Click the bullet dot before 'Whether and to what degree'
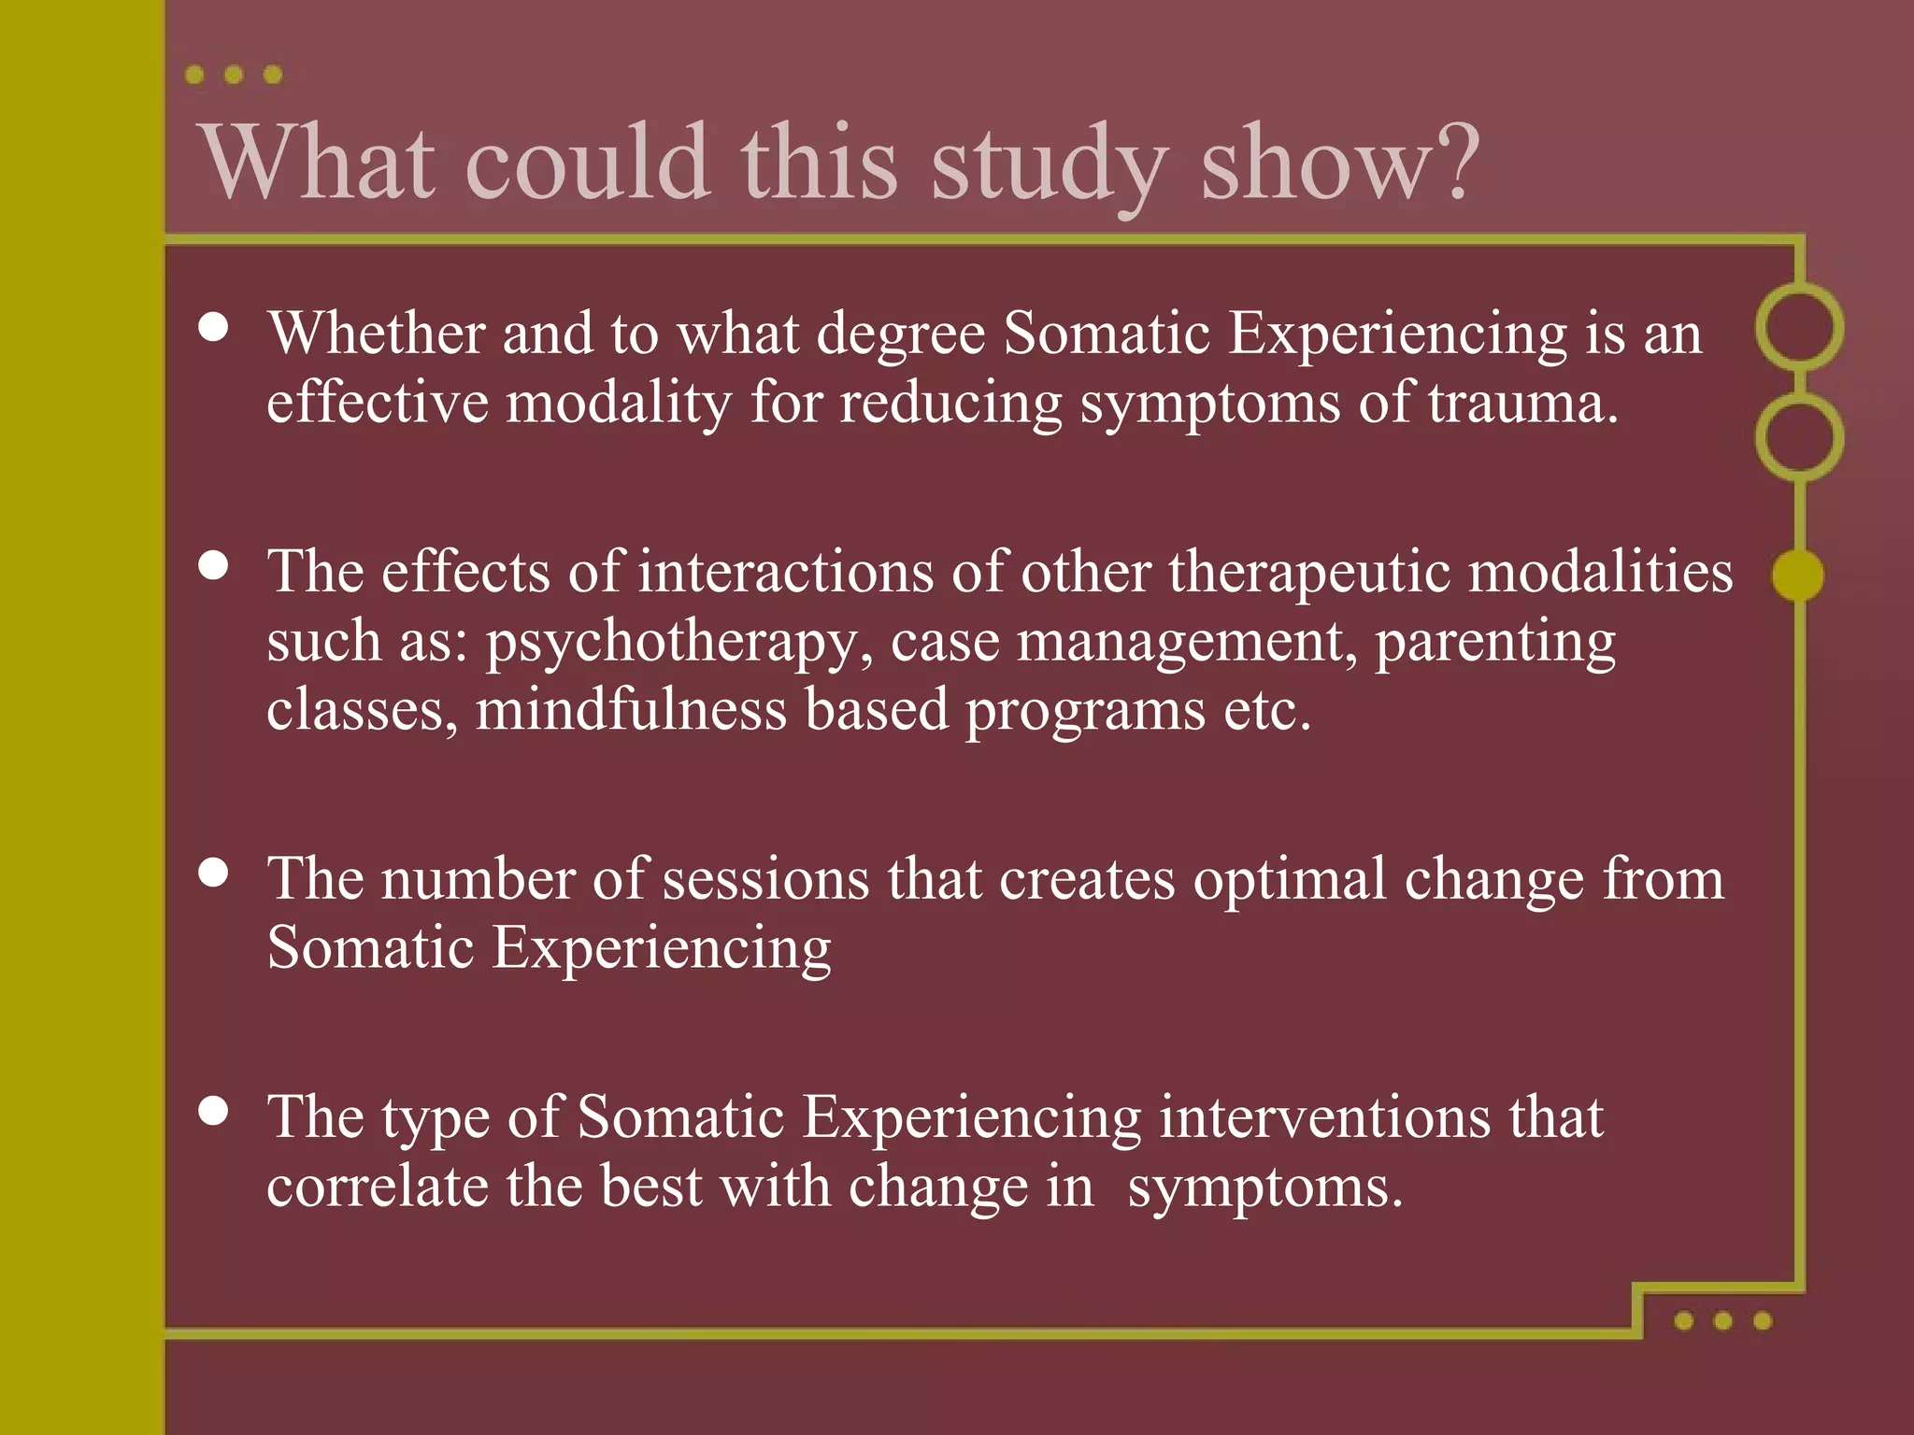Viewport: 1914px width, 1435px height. point(214,327)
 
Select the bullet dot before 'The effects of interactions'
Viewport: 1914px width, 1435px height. point(214,565)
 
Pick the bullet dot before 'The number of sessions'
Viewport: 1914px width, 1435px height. point(214,873)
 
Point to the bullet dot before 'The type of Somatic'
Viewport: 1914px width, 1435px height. point(214,1111)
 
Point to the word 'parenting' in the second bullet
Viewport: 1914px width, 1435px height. point(1494,643)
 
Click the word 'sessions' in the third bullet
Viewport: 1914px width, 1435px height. point(765,880)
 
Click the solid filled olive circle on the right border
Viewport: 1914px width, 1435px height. point(1797,575)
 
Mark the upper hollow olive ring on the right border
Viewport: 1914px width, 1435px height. point(1798,327)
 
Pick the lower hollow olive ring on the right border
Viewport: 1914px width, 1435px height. point(1798,437)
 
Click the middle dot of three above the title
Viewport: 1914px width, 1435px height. point(234,75)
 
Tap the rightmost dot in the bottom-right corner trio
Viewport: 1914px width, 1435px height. point(1763,1320)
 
